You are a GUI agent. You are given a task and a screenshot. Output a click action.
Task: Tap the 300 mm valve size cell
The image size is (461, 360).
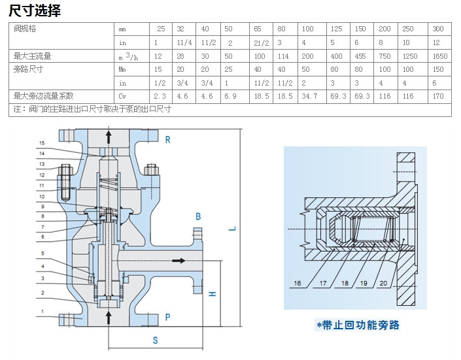(438, 29)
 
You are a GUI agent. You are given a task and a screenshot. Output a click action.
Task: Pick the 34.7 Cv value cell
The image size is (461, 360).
(307, 96)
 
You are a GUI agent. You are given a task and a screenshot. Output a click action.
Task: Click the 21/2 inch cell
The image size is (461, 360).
(261, 43)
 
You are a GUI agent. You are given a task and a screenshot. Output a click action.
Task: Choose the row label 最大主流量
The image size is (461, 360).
(33, 56)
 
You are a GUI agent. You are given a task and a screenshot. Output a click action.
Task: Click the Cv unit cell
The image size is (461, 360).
(123, 96)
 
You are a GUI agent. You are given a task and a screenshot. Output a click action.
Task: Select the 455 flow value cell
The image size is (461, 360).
(360, 56)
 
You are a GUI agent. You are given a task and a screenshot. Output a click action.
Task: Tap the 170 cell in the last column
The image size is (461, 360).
(438, 96)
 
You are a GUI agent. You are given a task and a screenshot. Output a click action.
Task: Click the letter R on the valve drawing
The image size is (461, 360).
(167, 140)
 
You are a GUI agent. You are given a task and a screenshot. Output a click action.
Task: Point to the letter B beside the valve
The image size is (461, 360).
(198, 216)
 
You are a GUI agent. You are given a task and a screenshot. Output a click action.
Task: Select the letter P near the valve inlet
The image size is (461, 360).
(167, 318)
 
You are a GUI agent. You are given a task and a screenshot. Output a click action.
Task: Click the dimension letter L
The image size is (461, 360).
(232, 228)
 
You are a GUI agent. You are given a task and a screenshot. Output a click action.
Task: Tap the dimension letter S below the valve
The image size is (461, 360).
(155, 340)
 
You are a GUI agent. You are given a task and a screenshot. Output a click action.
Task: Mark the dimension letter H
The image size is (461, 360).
(212, 293)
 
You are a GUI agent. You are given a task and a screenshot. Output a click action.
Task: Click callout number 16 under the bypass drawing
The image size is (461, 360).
(298, 284)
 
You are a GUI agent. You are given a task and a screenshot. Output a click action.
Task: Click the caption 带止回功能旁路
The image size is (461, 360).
(357, 325)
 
